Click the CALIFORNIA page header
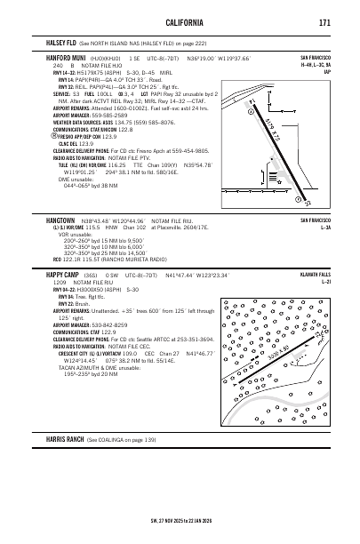tap(180, 21)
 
